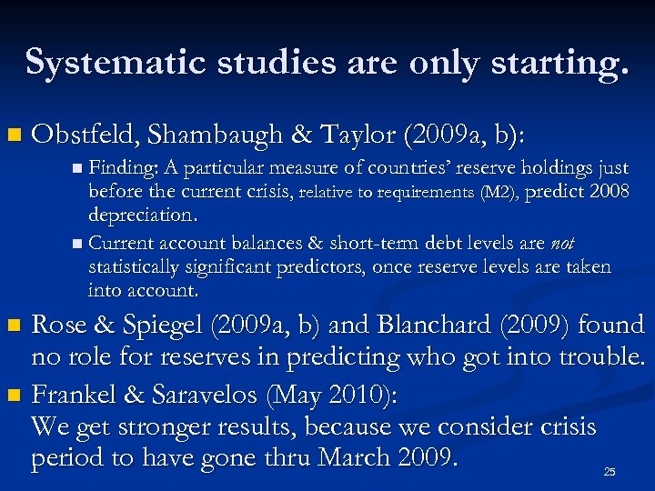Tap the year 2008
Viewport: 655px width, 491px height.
click(609, 192)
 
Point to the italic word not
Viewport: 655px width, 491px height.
click(561, 243)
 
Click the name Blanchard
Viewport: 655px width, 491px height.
click(448, 325)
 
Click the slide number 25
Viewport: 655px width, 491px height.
click(610, 472)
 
